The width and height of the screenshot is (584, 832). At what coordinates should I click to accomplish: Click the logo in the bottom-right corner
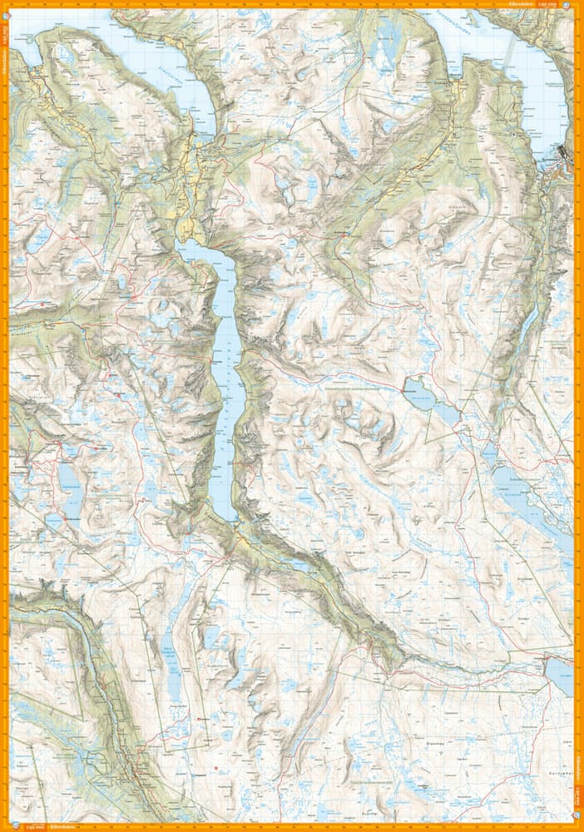point(578,827)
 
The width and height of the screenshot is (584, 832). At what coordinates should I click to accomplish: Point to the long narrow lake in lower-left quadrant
point(172,661)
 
